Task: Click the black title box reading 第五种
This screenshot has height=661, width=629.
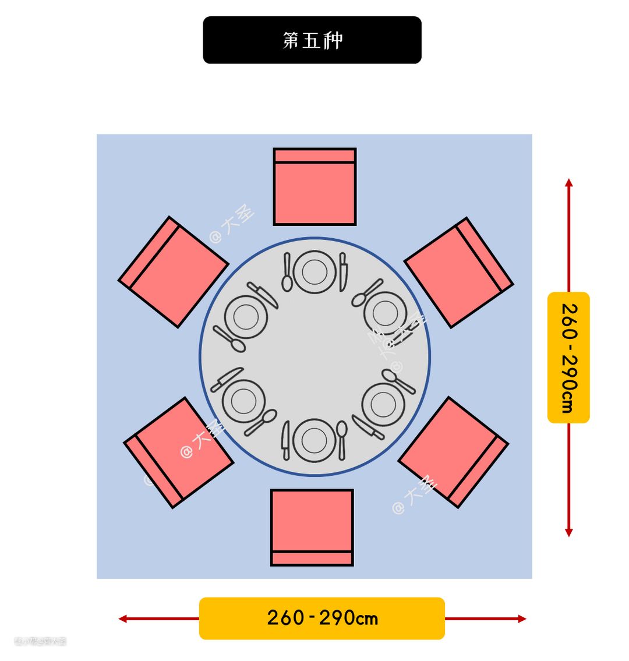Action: pyautogui.click(x=312, y=40)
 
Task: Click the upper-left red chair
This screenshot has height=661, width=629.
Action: pyautogui.click(x=173, y=272)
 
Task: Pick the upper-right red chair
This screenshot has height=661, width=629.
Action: pyautogui.click(x=458, y=272)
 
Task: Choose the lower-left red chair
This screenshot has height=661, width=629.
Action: pyautogui.click(x=179, y=453)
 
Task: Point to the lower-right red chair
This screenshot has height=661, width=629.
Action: pyautogui.click(x=453, y=452)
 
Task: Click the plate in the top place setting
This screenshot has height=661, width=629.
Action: pyautogui.click(x=314, y=272)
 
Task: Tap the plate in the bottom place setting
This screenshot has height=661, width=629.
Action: pyautogui.click(x=314, y=440)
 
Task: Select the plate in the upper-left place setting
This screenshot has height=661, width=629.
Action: pyautogui.click(x=246, y=317)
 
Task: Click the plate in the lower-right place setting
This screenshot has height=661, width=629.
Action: pyautogui.click(x=383, y=404)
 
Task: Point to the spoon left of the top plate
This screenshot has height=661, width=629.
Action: pyautogui.click(x=287, y=273)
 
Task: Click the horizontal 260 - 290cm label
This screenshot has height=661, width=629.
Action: pyautogui.click(x=322, y=618)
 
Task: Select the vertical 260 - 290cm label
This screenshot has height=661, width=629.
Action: pyautogui.click(x=568, y=357)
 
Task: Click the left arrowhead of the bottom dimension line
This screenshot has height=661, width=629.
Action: pyautogui.click(x=122, y=618)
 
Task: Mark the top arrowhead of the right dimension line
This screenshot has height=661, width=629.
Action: pyautogui.click(x=569, y=182)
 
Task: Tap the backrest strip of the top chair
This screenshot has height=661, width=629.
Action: pyautogui.click(x=314, y=155)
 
